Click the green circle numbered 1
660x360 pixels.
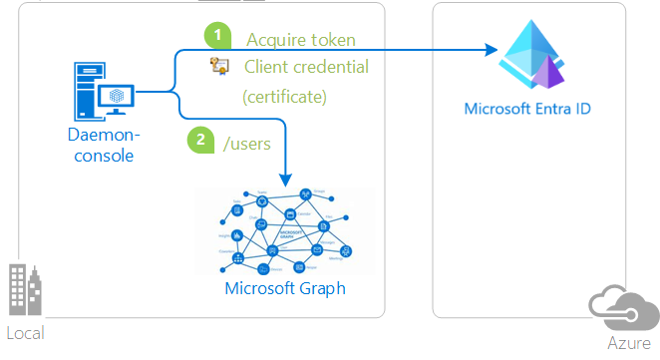[x=217, y=35]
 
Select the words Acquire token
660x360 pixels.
[x=300, y=40]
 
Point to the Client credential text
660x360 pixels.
[x=306, y=67]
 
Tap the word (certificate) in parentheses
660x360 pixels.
[x=284, y=98]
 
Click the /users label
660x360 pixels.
[x=247, y=143]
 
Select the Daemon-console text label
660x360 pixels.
[x=104, y=145]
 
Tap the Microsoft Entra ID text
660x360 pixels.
[x=527, y=107]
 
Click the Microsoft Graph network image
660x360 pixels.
[x=284, y=231]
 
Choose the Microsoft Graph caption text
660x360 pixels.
[x=285, y=289]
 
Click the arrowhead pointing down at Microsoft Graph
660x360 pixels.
[x=287, y=180]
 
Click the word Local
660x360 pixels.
[x=25, y=332]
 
